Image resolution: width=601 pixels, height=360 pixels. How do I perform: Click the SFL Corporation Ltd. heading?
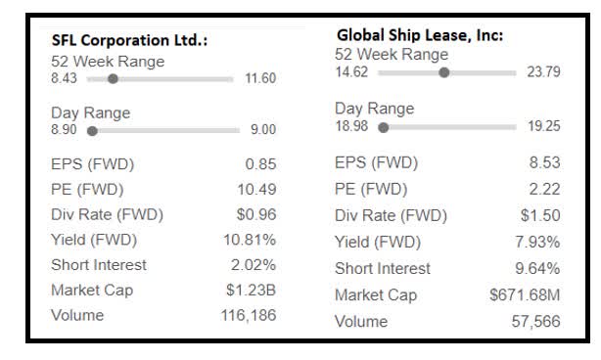pos(130,41)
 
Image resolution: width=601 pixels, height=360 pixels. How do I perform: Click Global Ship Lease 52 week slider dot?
pos(444,71)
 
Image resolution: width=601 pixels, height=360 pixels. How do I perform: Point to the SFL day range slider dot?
pos(92,129)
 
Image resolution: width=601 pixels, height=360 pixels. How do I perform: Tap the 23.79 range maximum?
pos(543,71)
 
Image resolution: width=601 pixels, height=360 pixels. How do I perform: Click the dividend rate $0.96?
pos(256,214)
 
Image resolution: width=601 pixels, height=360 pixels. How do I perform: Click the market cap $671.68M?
pos(526,294)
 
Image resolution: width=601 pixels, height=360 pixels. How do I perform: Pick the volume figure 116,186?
pos(250,316)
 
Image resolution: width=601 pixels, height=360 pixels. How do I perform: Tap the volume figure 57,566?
pos(534,321)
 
